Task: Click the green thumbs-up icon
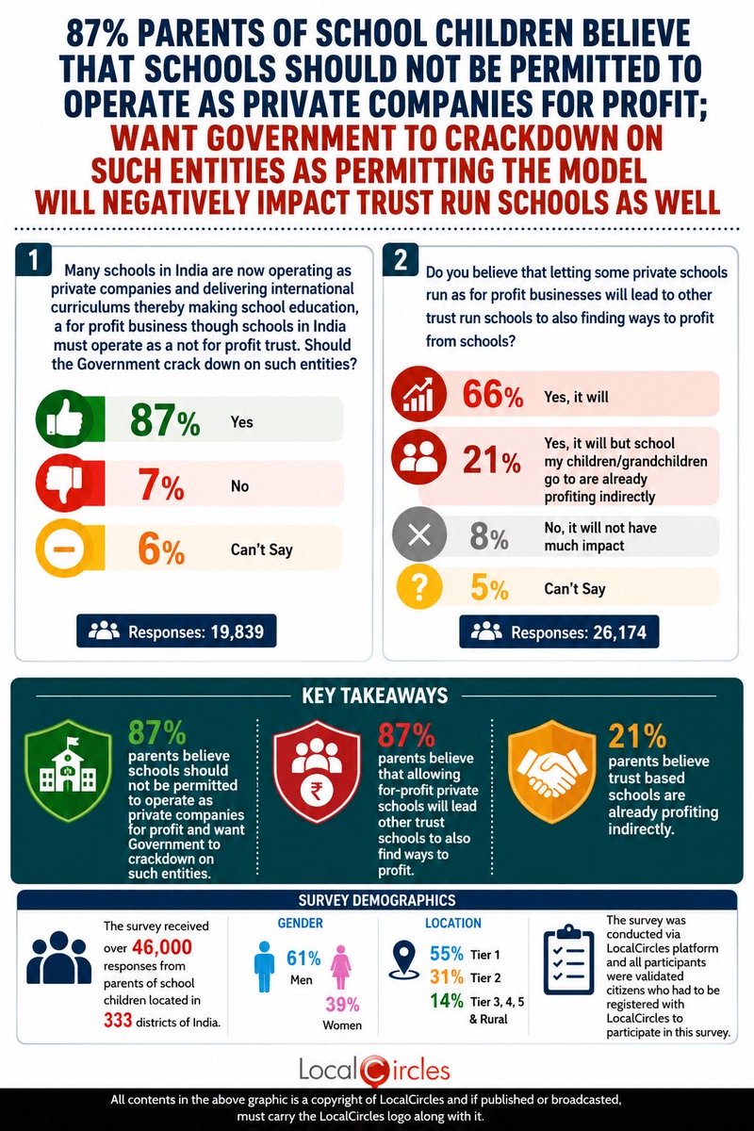point(63,419)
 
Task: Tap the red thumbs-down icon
point(63,483)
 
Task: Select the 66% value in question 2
point(492,395)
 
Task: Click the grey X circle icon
point(419,534)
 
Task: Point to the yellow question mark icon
point(419,587)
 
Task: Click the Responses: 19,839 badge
point(176,631)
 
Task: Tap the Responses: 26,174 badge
point(559,631)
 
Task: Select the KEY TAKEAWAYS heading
point(375,696)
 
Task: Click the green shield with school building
point(69,770)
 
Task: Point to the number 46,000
point(162,946)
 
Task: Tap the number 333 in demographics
point(118,1021)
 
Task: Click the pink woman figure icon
point(341,966)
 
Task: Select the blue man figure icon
point(265,966)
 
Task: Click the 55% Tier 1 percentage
point(447,954)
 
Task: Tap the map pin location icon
point(404,959)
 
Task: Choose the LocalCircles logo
point(374,1070)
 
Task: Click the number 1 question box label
point(33,260)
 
